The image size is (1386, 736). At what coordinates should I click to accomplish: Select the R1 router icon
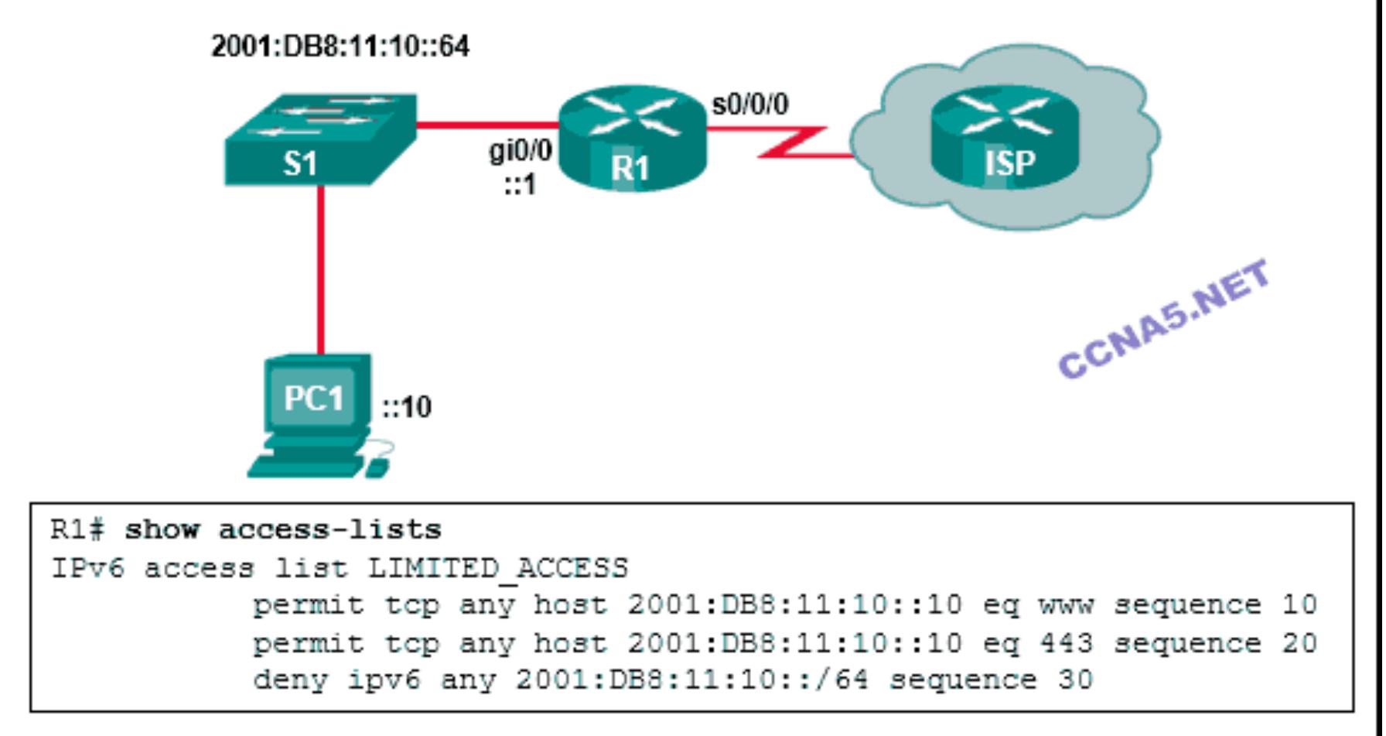[632, 140]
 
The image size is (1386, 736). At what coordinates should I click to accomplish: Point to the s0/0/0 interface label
[749, 104]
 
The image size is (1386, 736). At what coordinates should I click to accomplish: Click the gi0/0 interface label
[521, 149]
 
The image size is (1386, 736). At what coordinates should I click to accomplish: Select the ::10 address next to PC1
[407, 407]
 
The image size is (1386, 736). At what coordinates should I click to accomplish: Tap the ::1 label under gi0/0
[521, 185]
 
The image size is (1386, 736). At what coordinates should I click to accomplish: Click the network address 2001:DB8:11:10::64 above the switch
[340, 46]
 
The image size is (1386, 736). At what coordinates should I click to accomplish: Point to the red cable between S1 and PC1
[320, 271]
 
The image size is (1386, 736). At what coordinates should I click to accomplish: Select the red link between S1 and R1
[487, 125]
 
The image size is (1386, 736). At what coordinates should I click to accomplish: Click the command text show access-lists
[283, 530]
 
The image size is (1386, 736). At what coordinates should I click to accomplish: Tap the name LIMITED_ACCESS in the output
[497, 569]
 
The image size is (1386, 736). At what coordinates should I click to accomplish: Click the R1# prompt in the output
[77, 530]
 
